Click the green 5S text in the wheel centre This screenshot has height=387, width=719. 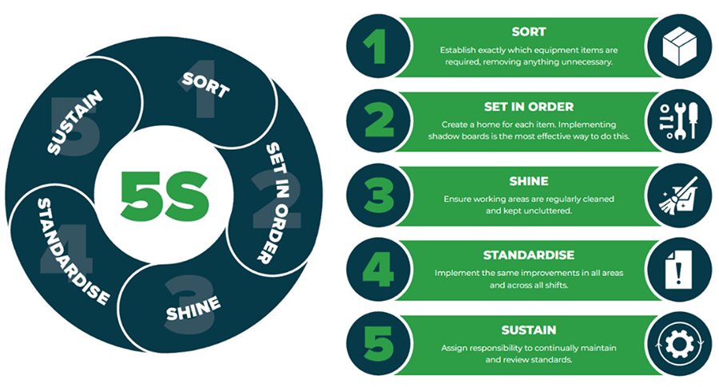(x=165, y=194)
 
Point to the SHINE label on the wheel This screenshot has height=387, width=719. (x=193, y=308)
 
